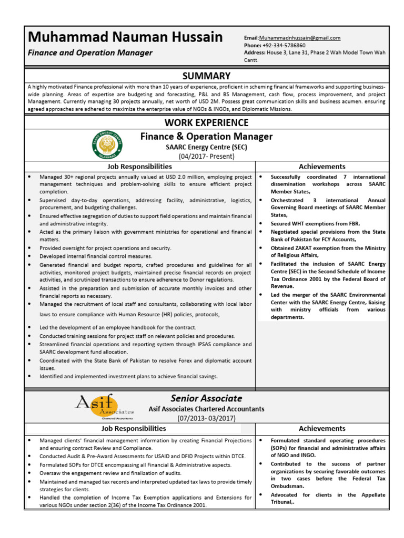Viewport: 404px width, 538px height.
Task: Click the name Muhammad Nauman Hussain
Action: [125, 37]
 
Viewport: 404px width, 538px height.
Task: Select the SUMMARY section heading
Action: [206, 76]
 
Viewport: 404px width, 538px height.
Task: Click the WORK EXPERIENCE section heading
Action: [206, 123]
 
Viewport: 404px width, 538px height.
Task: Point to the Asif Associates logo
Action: [104, 407]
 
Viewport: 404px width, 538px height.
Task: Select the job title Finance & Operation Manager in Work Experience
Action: [206, 137]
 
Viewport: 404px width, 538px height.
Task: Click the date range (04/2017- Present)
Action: [206, 156]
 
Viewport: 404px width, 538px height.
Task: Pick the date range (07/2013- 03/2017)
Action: [206, 418]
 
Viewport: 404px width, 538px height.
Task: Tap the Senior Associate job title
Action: [206, 398]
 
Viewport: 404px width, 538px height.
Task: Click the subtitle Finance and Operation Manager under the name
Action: [90, 53]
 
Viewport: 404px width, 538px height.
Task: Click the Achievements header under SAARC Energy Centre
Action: [322, 167]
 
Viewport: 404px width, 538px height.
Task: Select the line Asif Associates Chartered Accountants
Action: [206, 409]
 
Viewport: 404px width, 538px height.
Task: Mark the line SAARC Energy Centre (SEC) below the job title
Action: [206, 147]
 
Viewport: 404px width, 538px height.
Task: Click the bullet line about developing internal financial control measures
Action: [96, 256]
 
